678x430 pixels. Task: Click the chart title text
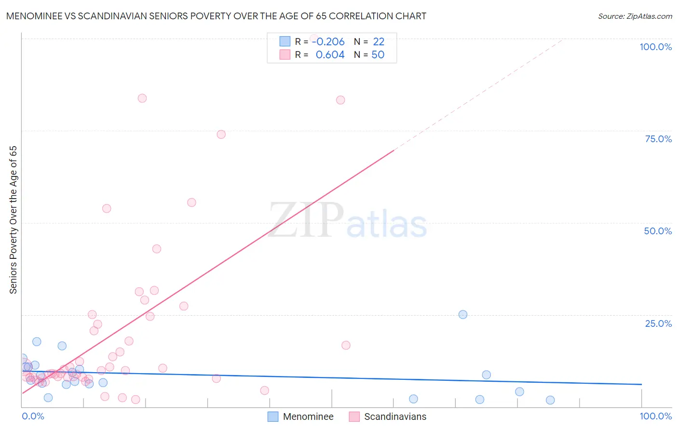pos(216,16)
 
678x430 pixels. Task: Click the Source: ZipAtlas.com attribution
pos(635,16)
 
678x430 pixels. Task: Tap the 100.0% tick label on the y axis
pos(655,47)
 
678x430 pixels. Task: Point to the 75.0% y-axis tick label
pos(658,139)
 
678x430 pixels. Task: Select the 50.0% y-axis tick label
pos(658,231)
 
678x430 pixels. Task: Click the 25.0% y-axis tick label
pos(658,323)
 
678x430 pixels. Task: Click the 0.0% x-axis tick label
pos(33,416)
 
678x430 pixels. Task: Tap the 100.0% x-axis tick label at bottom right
pos(655,416)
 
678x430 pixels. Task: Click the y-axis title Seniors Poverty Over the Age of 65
pos(13,219)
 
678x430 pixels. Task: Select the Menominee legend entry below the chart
pos(308,417)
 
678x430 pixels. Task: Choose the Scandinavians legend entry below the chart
pos(394,417)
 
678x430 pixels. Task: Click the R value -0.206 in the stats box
pos(328,41)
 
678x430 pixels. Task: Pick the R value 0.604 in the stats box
pos(330,54)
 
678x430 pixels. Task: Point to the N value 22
pos(379,41)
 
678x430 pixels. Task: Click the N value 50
pos(378,54)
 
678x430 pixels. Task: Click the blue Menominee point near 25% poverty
pos(463,314)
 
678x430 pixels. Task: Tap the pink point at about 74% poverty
pos(221,134)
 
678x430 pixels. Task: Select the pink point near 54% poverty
pos(107,208)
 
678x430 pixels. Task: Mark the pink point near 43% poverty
pos(157,249)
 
